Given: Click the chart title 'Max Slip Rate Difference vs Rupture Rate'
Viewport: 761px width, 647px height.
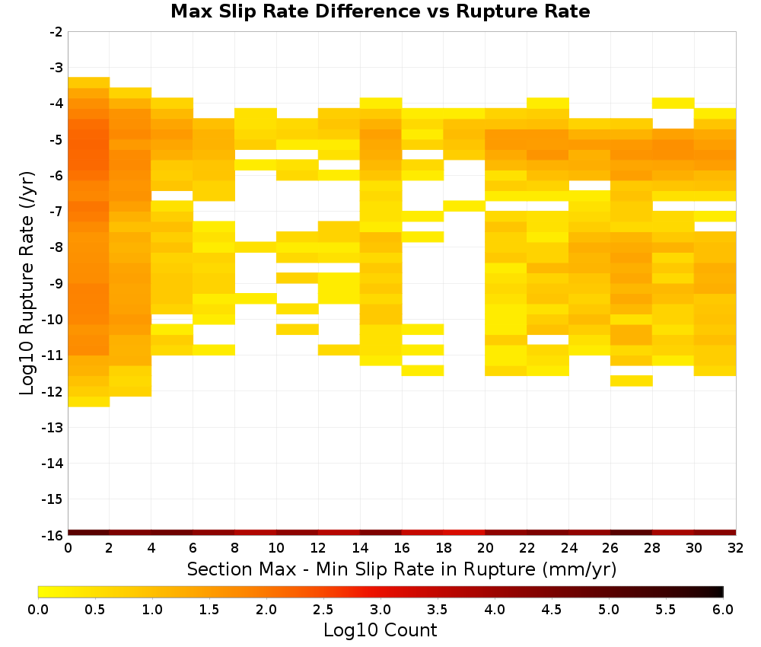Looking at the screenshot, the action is [380, 11].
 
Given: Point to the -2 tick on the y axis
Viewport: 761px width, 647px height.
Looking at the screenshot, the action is [56, 32].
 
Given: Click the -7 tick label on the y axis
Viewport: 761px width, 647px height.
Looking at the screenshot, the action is [56, 212].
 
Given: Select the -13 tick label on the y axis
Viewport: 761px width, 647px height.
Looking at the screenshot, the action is [53, 427].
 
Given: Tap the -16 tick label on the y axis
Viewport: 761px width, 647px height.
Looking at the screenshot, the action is [53, 535].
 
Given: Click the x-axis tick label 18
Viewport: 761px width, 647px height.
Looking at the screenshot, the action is [444, 548].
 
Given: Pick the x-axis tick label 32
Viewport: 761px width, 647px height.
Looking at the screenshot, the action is [736, 548].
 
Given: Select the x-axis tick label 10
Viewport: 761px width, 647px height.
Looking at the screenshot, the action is [277, 548].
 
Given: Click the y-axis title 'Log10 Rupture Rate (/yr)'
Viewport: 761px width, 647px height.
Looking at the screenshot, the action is [27, 283].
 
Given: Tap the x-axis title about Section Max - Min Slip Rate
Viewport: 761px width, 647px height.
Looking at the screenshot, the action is [402, 569].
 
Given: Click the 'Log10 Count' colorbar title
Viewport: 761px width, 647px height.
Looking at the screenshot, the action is [380, 630].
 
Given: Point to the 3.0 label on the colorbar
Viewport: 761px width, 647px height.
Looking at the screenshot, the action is [380, 610].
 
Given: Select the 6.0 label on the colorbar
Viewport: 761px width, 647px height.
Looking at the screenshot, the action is [723, 610].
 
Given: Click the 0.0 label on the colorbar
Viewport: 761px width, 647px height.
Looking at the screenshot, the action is [38, 610].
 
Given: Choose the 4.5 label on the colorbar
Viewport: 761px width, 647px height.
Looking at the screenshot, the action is [551, 610].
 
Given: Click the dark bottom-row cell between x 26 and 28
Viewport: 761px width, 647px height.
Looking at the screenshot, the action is [631, 533].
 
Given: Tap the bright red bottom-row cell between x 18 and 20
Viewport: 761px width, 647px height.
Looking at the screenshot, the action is [464, 533].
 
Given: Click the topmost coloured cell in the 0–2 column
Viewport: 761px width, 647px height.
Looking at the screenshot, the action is [89, 82].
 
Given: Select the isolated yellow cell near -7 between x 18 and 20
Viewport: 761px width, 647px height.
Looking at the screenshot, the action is [464, 206].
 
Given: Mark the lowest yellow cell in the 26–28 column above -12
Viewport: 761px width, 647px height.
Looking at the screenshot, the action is [631, 381].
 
